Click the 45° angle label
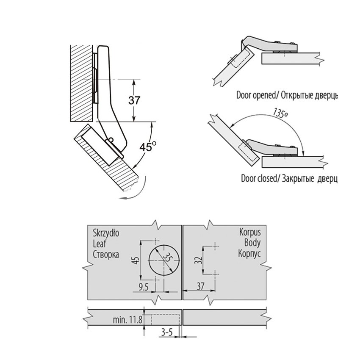(x=148, y=147)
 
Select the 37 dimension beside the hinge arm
(x=135, y=100)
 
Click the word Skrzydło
(x=105, y=233)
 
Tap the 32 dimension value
(x=197, y=260)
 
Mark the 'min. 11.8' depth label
(x=127, y=317)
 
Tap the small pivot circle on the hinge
(x=110, y=140)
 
